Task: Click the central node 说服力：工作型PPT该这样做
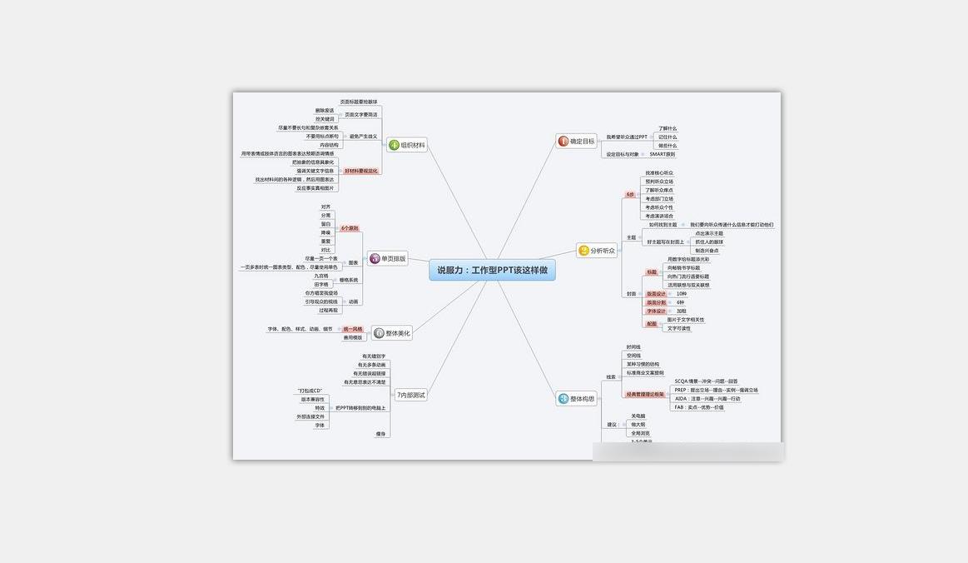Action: coord(492,270)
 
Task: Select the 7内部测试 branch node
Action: coord(410,395)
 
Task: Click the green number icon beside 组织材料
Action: coord(394,145)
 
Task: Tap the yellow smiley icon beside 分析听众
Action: coord(583,250)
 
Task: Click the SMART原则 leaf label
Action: coord(663,154)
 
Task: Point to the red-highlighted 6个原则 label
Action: coord(350,228)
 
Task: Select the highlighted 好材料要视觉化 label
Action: coord(361,171)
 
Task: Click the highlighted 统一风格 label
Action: coord(353,329)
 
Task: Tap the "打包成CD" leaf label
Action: coord(310,391)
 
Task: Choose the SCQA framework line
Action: coord(706,381)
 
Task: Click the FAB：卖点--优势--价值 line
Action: coord(698,407)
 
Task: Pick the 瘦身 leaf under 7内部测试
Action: coord(381,434)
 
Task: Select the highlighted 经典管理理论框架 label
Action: coord(645,394)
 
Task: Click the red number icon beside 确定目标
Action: coord(563,142)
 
